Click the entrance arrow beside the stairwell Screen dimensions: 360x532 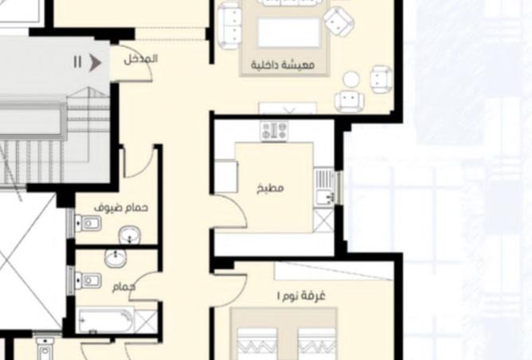click(96, 62)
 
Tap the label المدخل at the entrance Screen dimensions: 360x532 click(141, 59)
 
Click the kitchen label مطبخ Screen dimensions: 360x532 click(271, 189)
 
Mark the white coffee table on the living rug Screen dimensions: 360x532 click(288, 33)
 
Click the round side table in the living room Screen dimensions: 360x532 click(350, 80)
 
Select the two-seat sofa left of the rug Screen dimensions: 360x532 click(230, 25)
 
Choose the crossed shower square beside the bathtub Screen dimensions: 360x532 click(147, 322)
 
